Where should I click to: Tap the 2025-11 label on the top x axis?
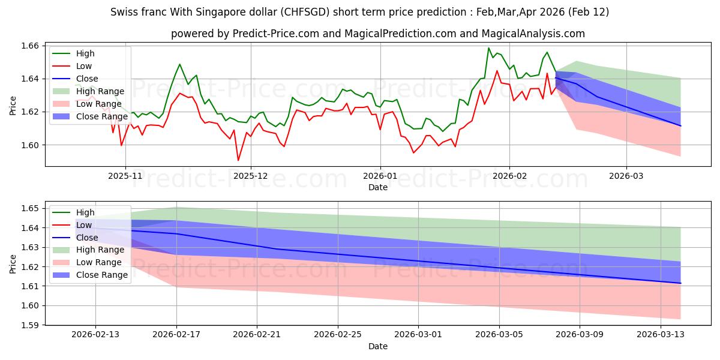[125, 176]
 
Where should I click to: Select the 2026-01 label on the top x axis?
[380, 176]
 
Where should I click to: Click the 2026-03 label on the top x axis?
[626, 176]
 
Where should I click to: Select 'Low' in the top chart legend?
[85, 66]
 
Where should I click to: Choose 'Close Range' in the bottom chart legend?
[102, 275]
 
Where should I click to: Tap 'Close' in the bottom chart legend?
[88, 238]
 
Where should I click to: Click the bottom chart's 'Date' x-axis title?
[378, 346]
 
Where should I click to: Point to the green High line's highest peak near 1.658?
[488, 48]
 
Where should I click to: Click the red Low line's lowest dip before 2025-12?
[238, 160]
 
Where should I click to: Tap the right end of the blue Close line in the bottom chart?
[680, 283]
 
